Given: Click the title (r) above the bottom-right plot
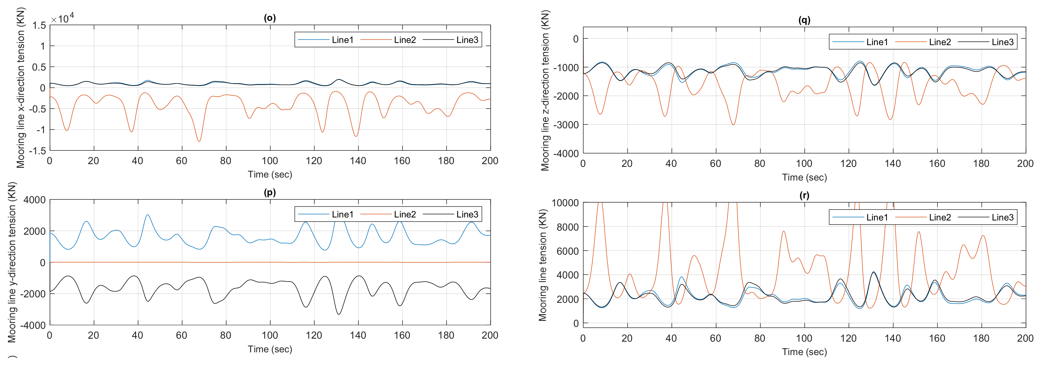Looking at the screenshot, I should tap(804, 195).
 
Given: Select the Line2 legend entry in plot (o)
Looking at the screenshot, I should tap(405, 40).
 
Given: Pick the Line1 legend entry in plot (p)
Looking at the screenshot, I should tap(342, 214).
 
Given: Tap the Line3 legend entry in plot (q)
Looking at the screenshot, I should tap(1002, 42).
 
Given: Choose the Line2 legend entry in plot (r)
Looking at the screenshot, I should tap(939, 217).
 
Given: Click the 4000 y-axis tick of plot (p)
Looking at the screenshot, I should tap(34, 200).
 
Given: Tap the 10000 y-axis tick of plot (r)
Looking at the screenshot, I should tap(565, 203).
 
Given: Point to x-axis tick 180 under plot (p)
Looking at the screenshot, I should tap(446, 335).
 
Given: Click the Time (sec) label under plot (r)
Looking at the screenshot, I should tap(804, 352).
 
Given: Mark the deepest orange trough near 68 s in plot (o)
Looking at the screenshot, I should tap(199, 141).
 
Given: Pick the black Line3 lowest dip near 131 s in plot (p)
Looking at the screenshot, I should tap(339, 314).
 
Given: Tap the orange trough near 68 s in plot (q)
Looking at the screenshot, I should tap(733, 124).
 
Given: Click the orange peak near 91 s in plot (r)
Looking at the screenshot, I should tap(784, 231).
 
